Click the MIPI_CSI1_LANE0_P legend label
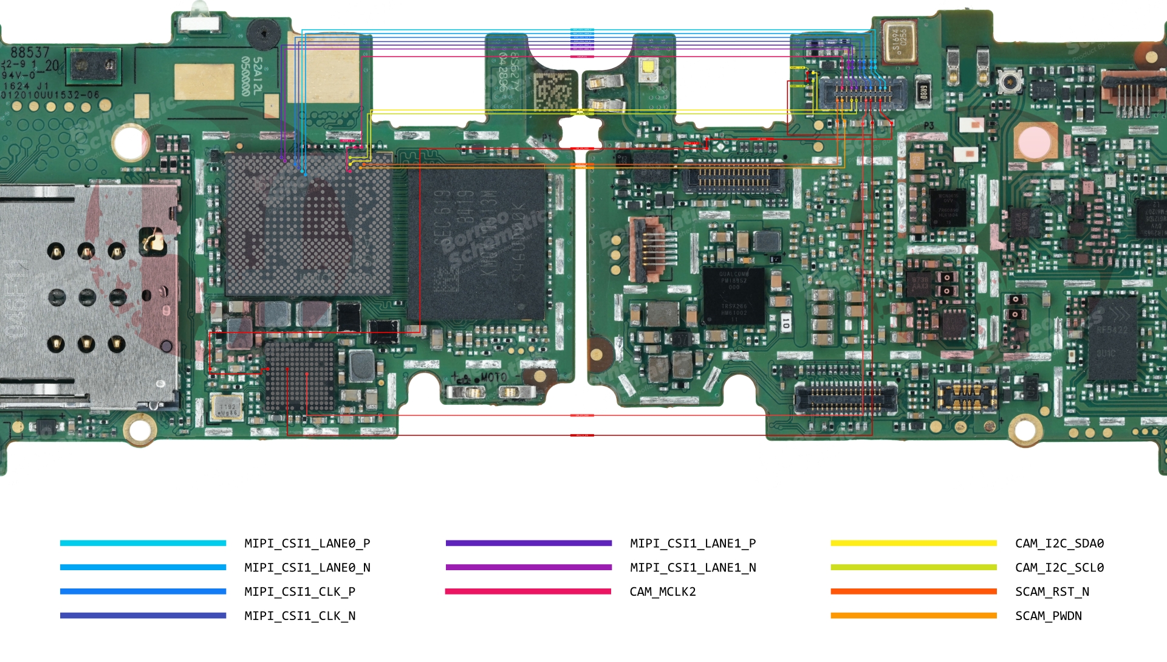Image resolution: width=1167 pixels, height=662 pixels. [x=307, y=543]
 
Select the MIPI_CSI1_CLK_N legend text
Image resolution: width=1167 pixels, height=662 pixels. [x=299, y=616]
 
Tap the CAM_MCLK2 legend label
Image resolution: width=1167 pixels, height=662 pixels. [x=662, y=591]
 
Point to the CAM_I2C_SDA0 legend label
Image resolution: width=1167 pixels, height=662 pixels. [x=1059, y=543]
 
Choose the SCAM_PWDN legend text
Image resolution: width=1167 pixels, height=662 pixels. [x=1048, y=616]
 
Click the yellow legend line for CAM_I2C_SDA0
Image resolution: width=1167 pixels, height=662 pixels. [x=913, y=543]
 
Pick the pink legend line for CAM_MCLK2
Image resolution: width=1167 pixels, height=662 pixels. [x=527, y=591]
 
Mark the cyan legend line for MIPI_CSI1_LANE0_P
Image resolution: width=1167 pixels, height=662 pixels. [x=143, y=543]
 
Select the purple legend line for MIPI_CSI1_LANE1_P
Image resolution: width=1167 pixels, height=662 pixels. [x=528, y=543]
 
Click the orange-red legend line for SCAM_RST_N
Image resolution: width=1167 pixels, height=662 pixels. [x=913, y=591]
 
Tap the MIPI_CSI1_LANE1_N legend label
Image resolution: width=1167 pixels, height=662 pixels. [x=693, y=568]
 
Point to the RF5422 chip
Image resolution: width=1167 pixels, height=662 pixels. [x=1111, y=338]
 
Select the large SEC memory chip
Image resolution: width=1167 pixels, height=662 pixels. [x=477, y=243]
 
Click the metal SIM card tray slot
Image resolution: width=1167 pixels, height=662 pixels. [x=85, y=295]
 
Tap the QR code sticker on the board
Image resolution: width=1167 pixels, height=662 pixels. [x=554, y=91]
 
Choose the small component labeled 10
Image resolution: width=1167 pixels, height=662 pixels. [x=785, y=323]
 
